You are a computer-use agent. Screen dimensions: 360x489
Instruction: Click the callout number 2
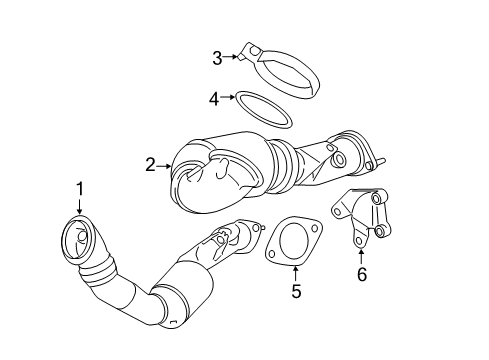click(x=150, y=165)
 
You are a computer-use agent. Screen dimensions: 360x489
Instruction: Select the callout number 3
click(x=216, y=57)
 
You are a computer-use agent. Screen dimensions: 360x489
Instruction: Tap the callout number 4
click(x=213, y=98)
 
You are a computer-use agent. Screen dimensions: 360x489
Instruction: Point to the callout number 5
click(x=296, y=292)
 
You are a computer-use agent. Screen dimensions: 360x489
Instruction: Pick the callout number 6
click(x=361, y=273)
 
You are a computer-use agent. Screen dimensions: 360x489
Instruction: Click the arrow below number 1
click(x=79, y=208)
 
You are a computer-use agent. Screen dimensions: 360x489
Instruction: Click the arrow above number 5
click(x=296, y=268)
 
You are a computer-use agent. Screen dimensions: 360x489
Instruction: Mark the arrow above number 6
click(x=361, y=250)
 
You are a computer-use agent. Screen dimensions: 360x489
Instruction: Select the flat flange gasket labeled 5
click(x=291, y=243)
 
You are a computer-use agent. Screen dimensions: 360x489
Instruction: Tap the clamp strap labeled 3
click(x=276, y=70)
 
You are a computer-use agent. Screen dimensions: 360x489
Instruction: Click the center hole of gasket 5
click(x=292, y=243)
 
